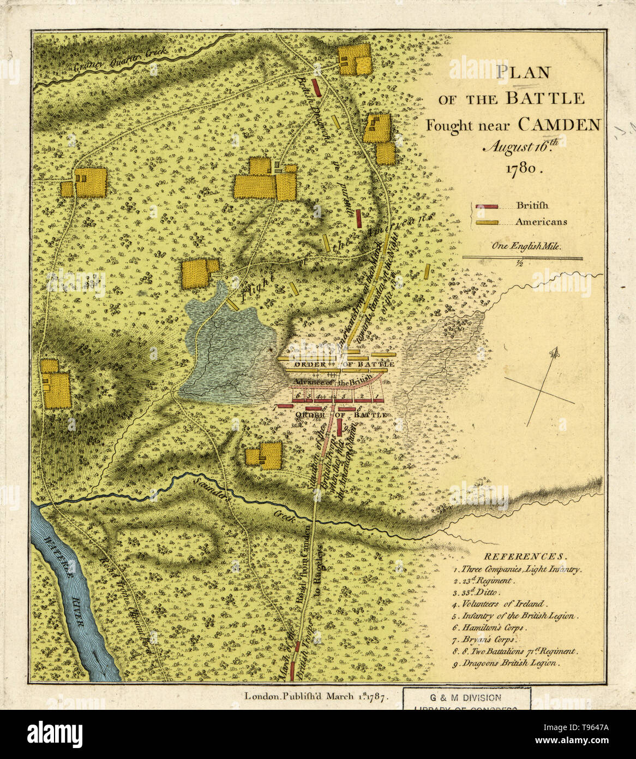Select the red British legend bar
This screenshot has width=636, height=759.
click(487, 206)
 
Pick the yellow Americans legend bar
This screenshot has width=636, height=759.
click(487, 222)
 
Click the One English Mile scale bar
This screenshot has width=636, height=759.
click(522, 258)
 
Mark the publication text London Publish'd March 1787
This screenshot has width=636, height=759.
click(316, 696)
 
